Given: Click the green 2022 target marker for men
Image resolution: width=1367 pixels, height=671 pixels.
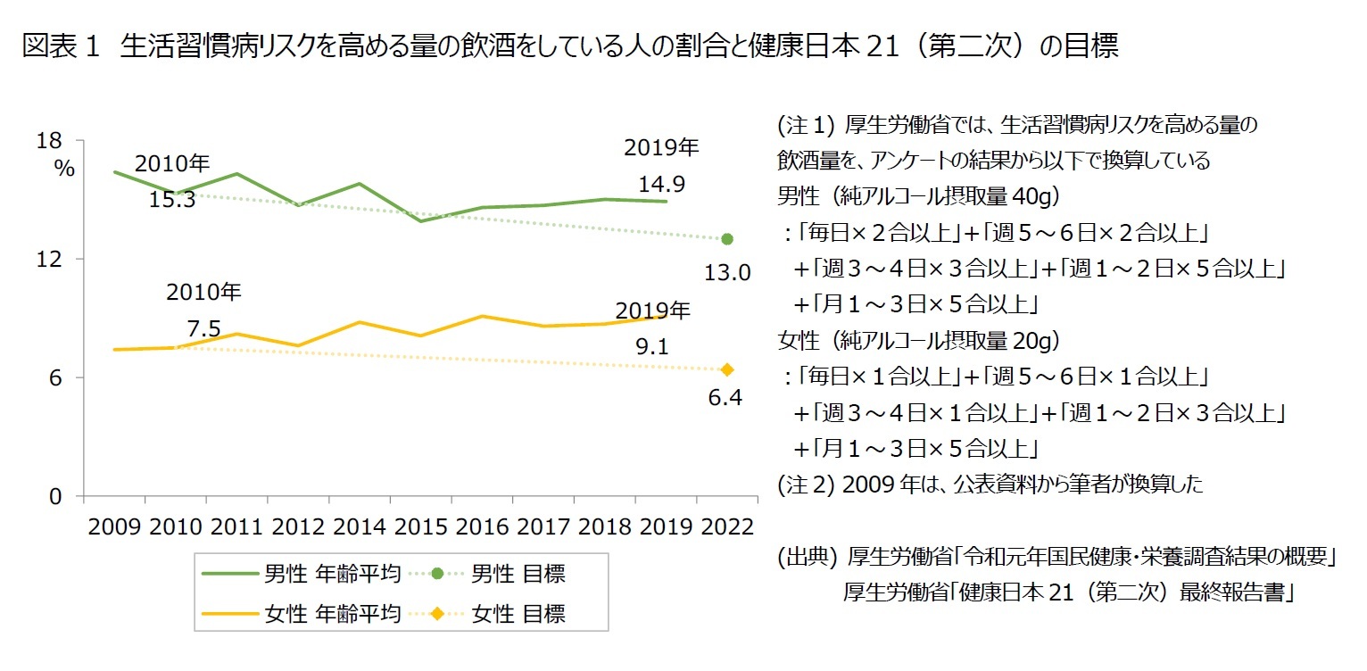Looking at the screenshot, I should click(x=727, y=239).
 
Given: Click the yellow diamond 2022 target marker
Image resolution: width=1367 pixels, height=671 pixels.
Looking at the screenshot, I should click(x=727, y=369).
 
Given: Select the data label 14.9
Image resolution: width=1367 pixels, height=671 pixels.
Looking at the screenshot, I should click(x=661, y=185).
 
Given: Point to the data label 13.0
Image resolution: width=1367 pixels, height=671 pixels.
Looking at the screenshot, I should click(x=727, y=272).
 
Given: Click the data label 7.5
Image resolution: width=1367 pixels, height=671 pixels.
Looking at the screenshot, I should click(x=203, y=328).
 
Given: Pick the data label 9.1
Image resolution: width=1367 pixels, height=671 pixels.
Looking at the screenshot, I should click(x=652, y=346).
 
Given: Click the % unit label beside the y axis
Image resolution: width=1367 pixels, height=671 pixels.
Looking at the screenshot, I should click(x=64, y=168).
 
